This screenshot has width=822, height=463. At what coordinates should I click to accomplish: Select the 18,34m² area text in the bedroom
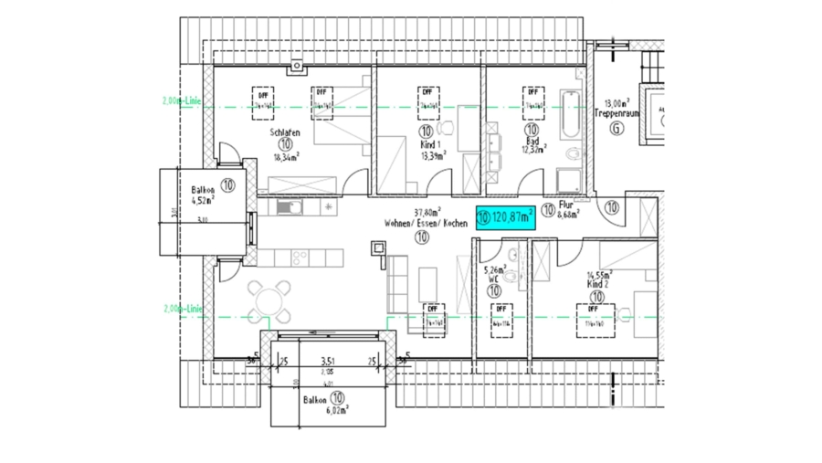(x=285, y=156)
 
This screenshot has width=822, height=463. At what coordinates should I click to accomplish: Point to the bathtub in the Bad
(x=568, y=112)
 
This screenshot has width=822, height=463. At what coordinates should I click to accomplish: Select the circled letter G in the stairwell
(x=616, y=130)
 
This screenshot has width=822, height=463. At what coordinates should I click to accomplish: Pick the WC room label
(x=492, y=280)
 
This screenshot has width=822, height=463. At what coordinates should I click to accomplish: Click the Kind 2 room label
(x=597, y=284)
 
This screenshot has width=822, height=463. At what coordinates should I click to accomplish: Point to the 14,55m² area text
(x=599, y=274)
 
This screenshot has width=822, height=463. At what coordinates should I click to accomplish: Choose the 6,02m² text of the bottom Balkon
(x=338, y=411)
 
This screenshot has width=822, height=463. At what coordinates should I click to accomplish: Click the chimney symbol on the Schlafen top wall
(x=298, y=65)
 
